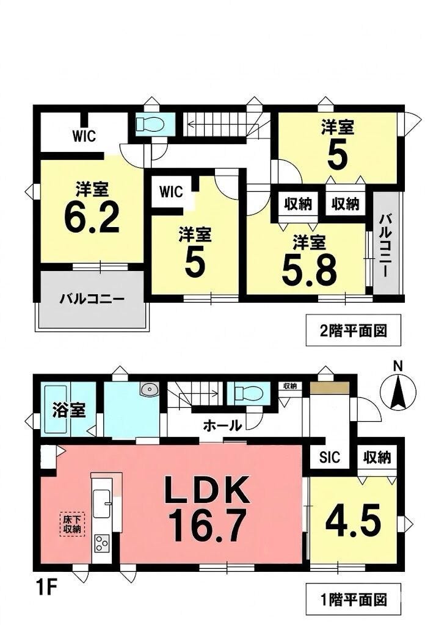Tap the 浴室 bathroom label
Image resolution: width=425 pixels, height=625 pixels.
click(69, 410)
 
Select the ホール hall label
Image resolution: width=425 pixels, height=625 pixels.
click(222, 425)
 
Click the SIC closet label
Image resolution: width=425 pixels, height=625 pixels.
click(330, 457)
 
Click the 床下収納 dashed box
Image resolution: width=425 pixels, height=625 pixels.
click(72, 524)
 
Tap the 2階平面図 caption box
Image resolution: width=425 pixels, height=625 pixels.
click(353, 330)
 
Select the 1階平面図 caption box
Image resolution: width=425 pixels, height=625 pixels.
click(353, 599)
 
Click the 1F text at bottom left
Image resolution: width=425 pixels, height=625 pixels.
click(46, 588)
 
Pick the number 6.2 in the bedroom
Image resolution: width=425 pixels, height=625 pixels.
click(92, 218)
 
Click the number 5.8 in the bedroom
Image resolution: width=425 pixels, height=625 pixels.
click(309, 269)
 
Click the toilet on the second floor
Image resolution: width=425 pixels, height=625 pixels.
click(150, 124)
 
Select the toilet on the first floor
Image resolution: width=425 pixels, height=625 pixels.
click(249, 394)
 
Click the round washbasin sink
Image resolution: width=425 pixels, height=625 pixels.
click(150, 389)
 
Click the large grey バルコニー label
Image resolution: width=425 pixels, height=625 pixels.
click(92, 298)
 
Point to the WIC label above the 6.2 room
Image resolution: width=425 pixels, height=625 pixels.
click(84, 136)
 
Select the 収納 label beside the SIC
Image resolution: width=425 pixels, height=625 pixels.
click(377, 457)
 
